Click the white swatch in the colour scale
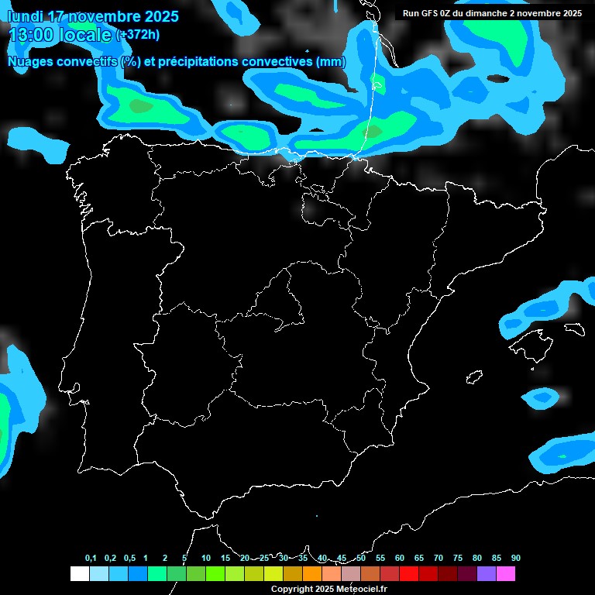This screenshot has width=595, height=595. pos(79,573)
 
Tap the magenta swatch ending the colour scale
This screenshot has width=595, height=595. pos(506,573)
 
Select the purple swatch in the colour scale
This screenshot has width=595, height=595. pos(487,573)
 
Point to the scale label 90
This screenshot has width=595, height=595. pos(516,558)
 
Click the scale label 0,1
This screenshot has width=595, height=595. pos(91,558)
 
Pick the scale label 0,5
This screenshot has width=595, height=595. pos(129,558)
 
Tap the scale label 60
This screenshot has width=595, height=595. pos(400,558)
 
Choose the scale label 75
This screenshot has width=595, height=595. pos(458,558)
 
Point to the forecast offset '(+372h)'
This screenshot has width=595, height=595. pos(138,36)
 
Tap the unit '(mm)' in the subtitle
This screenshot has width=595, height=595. pos(331,62)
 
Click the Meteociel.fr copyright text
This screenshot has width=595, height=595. pos(328,589)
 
